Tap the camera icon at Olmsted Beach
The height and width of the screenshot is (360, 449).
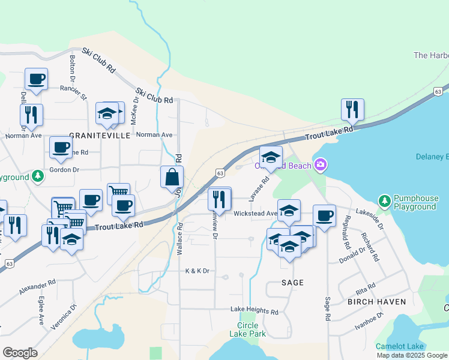[321, 164]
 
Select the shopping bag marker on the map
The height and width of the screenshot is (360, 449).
[172, 178]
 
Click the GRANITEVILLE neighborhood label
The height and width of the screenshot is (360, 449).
[100, 136]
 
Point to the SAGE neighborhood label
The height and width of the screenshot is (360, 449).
[292, 282]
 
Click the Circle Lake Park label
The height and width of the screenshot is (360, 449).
[247, 329]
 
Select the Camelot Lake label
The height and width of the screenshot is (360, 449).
[400, 346]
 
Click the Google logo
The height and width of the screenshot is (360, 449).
[20, 353]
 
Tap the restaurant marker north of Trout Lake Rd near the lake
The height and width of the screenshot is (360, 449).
[352, 110]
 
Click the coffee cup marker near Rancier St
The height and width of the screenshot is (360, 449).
[36, 79]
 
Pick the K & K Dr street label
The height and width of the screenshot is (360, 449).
[197, 271]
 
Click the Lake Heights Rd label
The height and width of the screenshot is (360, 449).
[255, 311]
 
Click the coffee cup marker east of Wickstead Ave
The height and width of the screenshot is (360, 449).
[324, 216]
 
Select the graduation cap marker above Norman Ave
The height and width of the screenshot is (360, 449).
[107, 113]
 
